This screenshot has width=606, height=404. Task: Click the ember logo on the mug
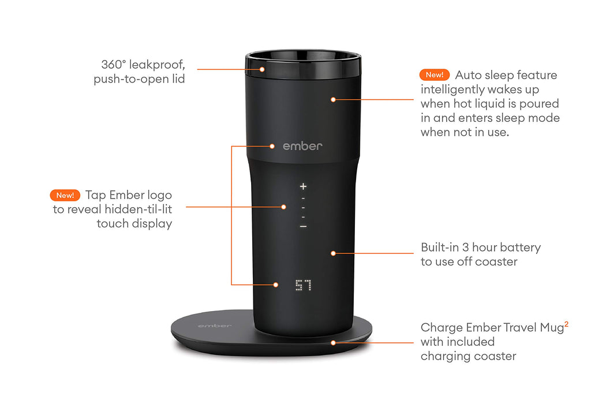click(x=302, y=146)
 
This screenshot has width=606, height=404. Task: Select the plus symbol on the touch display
click(x=303, y=186)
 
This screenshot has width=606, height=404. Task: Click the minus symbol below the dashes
click(x=303, y=227)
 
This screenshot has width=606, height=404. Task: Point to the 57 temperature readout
click(x=303, y=285)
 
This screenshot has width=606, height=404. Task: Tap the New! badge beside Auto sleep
click(x=435, y=75)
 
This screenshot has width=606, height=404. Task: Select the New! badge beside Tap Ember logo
click(x=65, y=195)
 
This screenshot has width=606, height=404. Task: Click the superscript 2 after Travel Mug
click(x=566, y=325)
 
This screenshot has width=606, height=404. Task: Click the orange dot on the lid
click(x=261, y=69)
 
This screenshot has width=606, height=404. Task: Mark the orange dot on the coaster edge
click(x=333, y=342)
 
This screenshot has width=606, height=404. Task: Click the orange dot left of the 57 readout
click(x=275, y=285)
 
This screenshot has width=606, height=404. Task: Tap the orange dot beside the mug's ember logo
click(x=273, y=146)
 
